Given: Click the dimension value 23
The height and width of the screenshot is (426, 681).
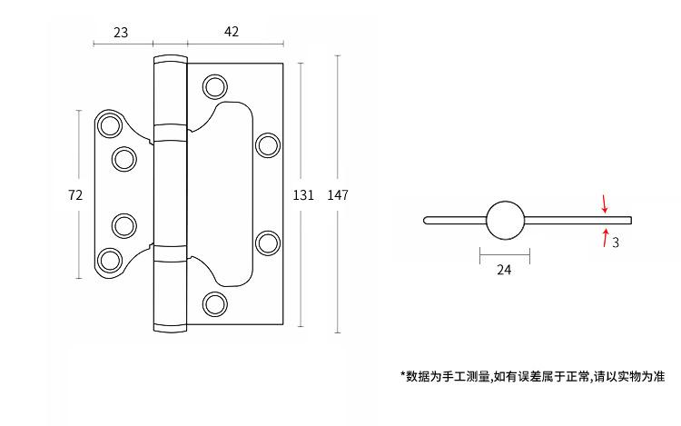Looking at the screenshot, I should [121, 32].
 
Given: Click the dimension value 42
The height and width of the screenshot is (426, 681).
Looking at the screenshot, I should [232, 32].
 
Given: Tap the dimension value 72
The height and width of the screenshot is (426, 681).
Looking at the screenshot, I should [76, 194].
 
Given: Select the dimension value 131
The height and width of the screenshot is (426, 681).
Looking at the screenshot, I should [303, 194].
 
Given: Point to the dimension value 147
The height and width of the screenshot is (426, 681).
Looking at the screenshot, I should [338, 194].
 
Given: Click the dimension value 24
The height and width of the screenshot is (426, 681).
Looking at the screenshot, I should [505, 270].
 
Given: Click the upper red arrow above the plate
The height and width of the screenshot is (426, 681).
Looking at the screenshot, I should [605, 203].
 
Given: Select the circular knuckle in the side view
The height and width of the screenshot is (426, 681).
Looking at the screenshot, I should [505, 219].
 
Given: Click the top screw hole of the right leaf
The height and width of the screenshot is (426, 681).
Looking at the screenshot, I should [215, 87].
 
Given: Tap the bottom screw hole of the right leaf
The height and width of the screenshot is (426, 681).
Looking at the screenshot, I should [215, 302].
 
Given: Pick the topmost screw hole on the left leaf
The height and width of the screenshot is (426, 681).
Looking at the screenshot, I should [111, 126].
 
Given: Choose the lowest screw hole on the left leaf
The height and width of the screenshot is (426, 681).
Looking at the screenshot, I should [111, 259].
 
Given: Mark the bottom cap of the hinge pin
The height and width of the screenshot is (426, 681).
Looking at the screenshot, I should [169, 325].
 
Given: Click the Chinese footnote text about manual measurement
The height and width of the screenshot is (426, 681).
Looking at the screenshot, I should [533, 375].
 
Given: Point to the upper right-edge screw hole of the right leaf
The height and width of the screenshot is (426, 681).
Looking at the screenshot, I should [268, 145].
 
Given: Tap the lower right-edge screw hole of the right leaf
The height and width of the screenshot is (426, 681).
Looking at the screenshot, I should [268, 243].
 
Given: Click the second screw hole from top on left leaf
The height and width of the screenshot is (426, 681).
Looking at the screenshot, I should [124, 159].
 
